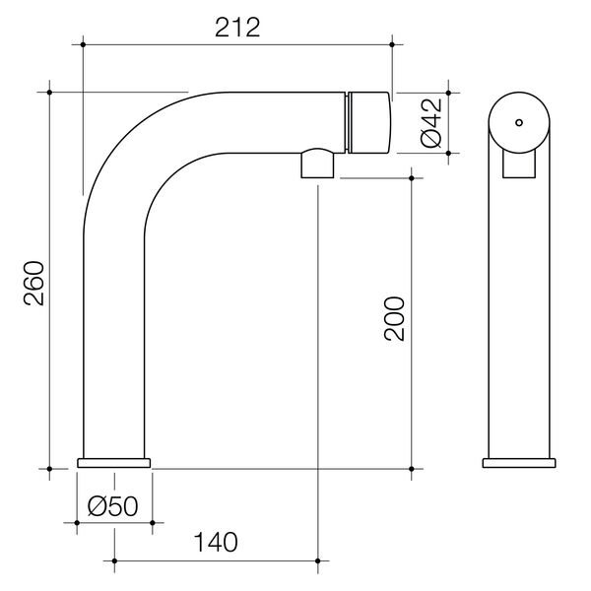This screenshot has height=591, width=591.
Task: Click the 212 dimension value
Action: pyautogui.click(x=236, y=27)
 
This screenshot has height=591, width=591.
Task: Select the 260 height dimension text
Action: pyautogui.click(x=33, y=283)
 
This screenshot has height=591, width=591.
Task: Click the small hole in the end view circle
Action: pyautogui.click(x=517, y=123)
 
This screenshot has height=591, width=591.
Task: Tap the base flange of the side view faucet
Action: pyautogui.click(x=114, y=462)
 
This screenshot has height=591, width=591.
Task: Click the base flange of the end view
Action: pyautogui.click(x=517, y=462)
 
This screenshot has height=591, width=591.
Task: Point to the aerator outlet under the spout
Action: pyautogui.click(x=318, y=164)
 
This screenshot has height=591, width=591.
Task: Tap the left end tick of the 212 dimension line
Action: pyautogui.click(x=84, y=43)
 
